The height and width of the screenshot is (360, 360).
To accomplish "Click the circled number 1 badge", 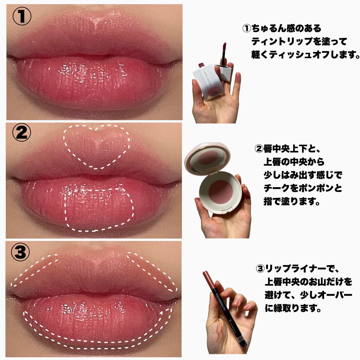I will coord(21,16).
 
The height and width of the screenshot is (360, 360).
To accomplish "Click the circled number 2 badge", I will coord(21,133).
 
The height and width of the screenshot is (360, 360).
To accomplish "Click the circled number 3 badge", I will coord(21,252).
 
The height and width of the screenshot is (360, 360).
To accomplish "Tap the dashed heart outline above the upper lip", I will coord(97,146).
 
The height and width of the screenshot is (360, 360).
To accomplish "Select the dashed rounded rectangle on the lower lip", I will coord(99,210).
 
